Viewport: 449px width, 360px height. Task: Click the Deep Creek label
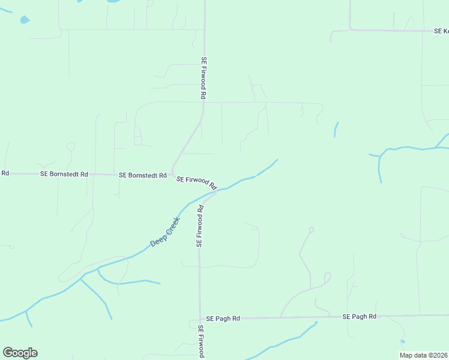[161, 232]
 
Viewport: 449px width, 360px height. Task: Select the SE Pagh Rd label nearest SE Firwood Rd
[223, 319]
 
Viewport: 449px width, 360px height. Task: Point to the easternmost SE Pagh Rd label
[359, 316]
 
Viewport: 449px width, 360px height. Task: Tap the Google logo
[20, 353]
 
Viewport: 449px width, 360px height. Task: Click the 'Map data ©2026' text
[423, 355]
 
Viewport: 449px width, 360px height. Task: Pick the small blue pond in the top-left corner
[25, 20]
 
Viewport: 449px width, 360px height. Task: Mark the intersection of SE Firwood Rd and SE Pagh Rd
[200, 319]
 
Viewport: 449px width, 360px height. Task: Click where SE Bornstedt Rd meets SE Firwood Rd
[173, 175]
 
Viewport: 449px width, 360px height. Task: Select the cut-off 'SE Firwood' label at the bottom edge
[201, 342]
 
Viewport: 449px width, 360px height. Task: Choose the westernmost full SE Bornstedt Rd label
[64, 174]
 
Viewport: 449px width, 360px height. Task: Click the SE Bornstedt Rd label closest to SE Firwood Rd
[142, 175]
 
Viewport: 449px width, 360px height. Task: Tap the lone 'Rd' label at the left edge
[5, 173]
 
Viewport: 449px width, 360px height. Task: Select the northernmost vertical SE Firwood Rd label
[204, 78]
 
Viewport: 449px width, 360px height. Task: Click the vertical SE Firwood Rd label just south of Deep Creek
[200, 226]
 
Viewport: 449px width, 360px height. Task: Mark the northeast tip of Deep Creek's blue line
[277, 160]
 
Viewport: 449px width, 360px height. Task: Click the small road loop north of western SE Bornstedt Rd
[71, 146]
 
